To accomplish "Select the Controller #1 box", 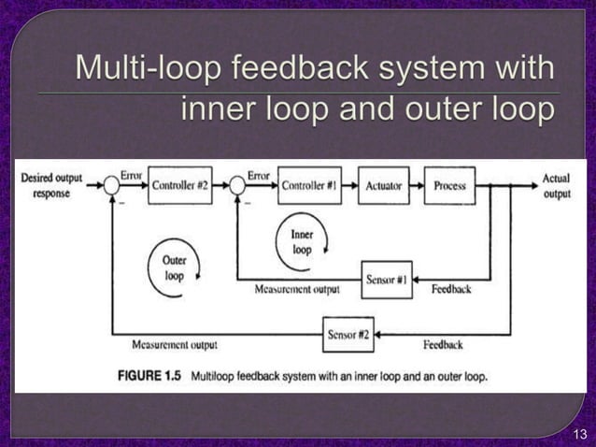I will pyautogui.click(x=308, y=186).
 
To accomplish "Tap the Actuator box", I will pyautogui.click(x=383, y=186).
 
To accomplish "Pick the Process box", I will pyautogui.click(x=449, y=186).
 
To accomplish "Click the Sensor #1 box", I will pyautogui.click(x=386, y=280).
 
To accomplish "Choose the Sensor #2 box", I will pyautogui.click(x=348, y=334).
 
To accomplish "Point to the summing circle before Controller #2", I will pyautogui.click(x=112, y=186).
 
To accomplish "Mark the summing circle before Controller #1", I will pyautogui.click(x=237, y=186).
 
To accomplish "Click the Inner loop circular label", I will pyautogui.click(x=302, y=243).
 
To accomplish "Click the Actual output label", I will pyautogui.click(x=558, y=186).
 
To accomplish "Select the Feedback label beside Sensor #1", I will pyautogui.click(x=451, y=289).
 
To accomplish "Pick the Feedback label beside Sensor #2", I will pyautogui.click(x=443, y=344).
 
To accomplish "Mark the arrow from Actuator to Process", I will pyautogui.click(x=416, y=186).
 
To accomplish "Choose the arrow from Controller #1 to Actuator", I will pyautogui.click(x=348, y=186).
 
